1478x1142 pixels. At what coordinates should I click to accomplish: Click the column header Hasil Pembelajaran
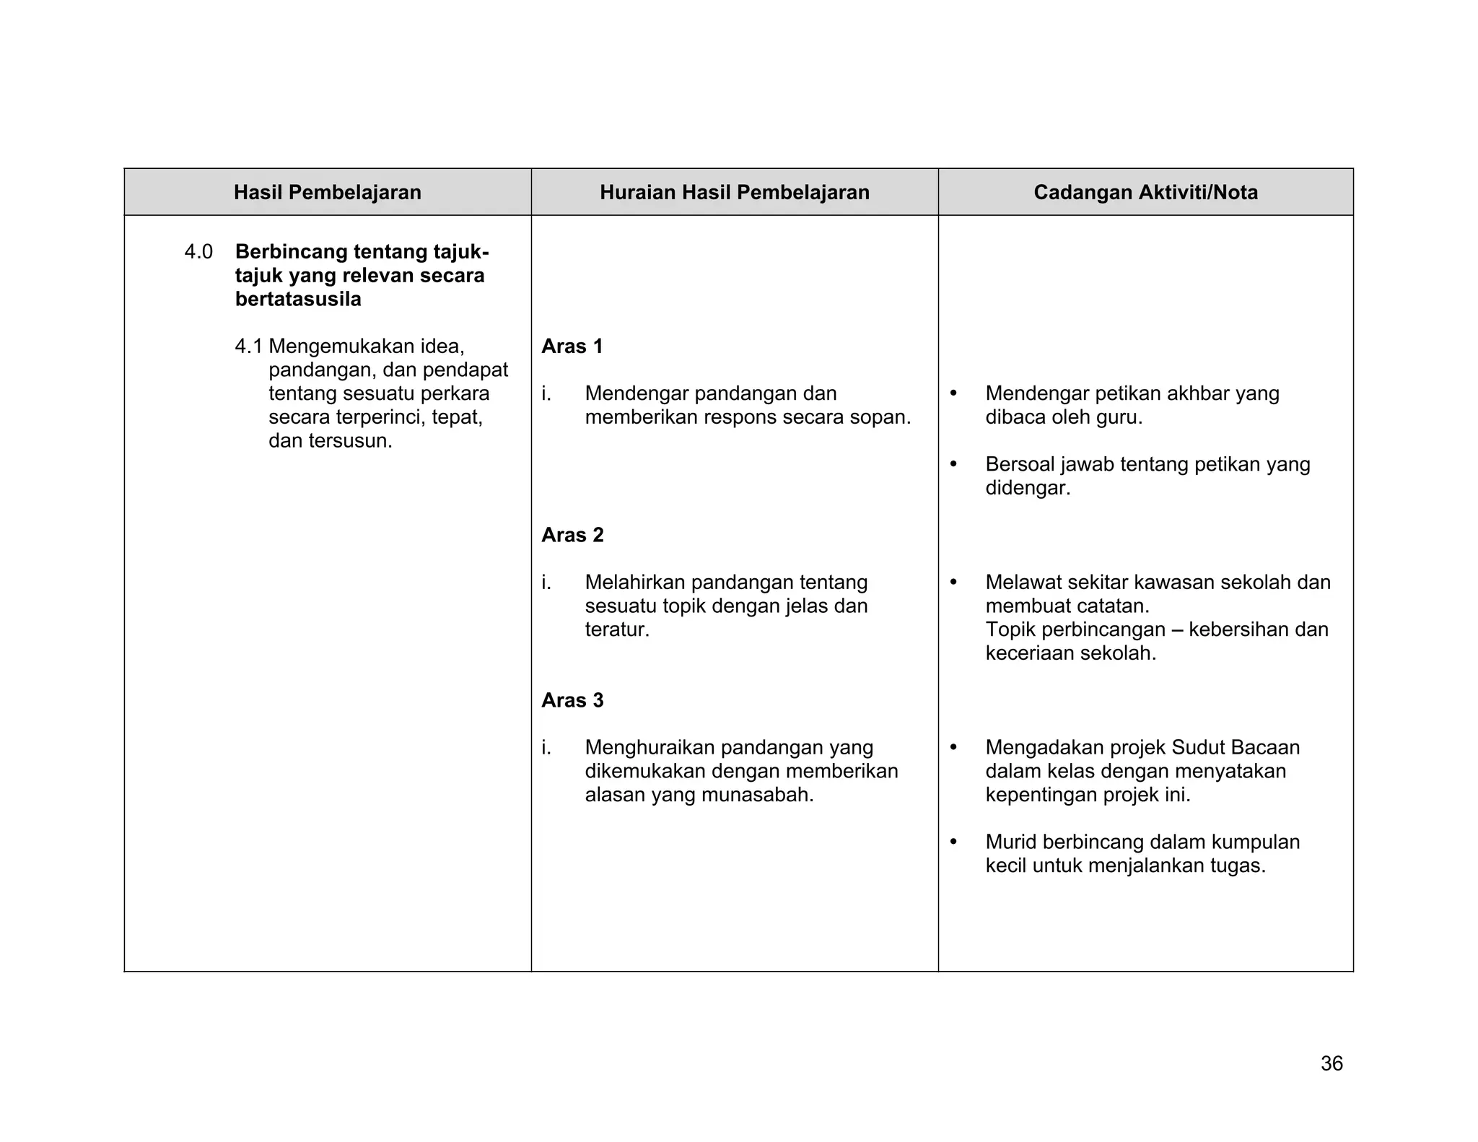[327, 192]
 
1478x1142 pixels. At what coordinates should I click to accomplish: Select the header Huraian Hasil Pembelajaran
[734, 192]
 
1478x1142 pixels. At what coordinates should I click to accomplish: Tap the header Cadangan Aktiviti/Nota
[1145, 192]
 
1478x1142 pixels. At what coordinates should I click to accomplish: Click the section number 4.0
[198, 252]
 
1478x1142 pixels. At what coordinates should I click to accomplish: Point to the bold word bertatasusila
[298, 300]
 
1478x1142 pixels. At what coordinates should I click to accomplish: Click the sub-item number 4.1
[248, 346]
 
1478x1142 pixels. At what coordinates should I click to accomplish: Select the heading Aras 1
[572, 346]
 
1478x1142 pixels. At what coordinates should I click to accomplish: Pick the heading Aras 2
[572, 535]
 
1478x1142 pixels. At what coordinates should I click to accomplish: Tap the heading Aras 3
[572, 700]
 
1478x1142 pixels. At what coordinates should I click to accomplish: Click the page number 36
[1331, 1063]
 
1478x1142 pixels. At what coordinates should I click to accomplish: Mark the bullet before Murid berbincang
[953, 842]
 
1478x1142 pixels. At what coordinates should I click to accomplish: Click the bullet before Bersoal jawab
[953, 464]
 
